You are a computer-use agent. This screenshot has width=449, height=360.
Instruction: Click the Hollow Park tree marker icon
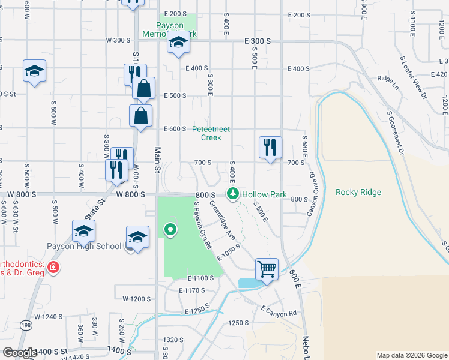(232, 194)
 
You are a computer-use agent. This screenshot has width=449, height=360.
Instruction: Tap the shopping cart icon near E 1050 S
(267, 268)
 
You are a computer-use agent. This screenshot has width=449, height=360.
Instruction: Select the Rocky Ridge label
(358, 192)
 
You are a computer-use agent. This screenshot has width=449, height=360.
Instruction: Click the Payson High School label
(84, 246)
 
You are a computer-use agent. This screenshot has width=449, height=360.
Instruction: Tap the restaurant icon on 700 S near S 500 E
(270, 146)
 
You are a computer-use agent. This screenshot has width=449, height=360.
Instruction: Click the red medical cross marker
(53, 267)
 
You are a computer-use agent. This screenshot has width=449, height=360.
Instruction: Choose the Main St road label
(158, 161)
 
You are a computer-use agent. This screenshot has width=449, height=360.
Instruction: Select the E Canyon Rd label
(279, 311)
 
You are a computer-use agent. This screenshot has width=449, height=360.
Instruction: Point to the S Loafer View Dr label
(413, 77)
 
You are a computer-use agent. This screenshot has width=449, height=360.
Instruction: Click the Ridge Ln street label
(388, 79)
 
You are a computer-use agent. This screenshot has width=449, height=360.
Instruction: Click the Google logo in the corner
(20, 353)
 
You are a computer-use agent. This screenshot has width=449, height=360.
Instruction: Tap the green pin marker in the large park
(170, 229)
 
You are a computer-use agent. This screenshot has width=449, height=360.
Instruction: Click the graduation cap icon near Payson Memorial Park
(178, 43)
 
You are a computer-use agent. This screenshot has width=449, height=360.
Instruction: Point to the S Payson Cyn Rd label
(202, 225)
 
